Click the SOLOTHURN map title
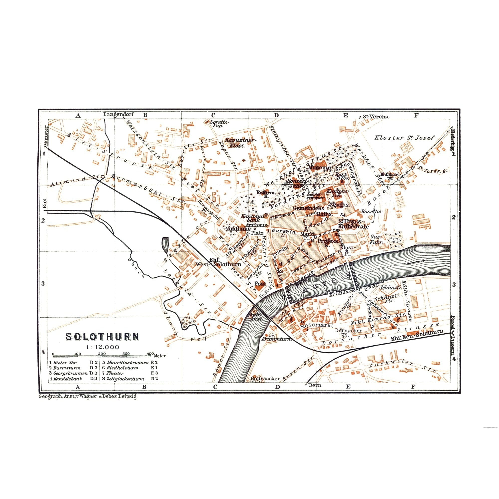[x=103, y=337]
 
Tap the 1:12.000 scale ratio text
[x=103, y=347]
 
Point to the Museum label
[x=320, y=168]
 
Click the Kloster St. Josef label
[x=405, y=138]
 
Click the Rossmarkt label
[x=313, y=326]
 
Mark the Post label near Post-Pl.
[x=260, y=284]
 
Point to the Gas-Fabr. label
[x=376, y=240]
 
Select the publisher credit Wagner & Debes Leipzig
[x=87, y=397]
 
